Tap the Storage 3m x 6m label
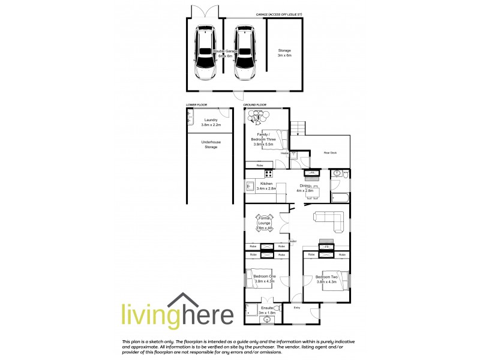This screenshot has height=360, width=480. tap(284, 53)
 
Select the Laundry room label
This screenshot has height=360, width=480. tap(210, 122)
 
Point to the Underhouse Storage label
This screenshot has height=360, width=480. tap(210, 144)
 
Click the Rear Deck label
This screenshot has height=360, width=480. tap(330, 153)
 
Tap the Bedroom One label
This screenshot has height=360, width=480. tap(265, 278)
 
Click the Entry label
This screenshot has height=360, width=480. tap(296, 307)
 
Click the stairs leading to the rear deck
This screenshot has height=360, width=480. tap(298, 128)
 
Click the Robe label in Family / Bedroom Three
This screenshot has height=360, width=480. tap(260, 165)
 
